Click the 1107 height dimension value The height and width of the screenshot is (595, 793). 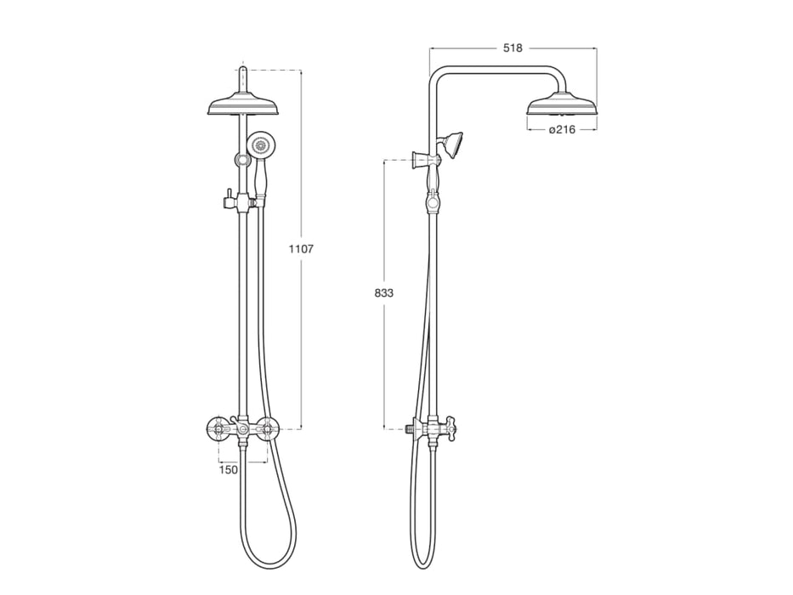(x=301, y=249)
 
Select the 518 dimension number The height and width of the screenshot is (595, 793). (x=512, y=48)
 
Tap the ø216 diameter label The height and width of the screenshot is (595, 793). (x=562, y=129)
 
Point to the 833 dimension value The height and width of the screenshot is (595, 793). (x=384, y=292)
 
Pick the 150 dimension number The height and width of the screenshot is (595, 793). (x=229, y=468)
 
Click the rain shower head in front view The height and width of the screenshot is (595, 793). (x=245, y=106)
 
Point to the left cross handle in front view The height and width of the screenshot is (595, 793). (x=220, y=428)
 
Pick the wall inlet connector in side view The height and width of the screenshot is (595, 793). (x=411, y=428)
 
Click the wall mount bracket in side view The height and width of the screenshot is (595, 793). (x=419, y=159)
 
